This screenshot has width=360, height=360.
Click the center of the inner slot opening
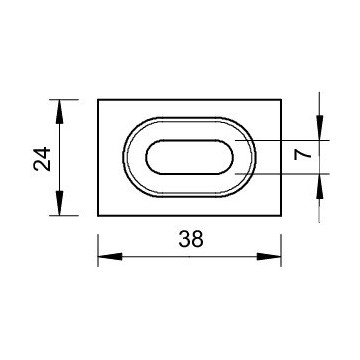[190, 157]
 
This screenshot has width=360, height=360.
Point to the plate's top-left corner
[98, 99]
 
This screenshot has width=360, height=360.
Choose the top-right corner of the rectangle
[282, 99]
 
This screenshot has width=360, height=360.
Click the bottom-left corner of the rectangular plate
[98, 214]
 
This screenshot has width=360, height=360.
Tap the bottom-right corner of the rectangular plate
[282, 214]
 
